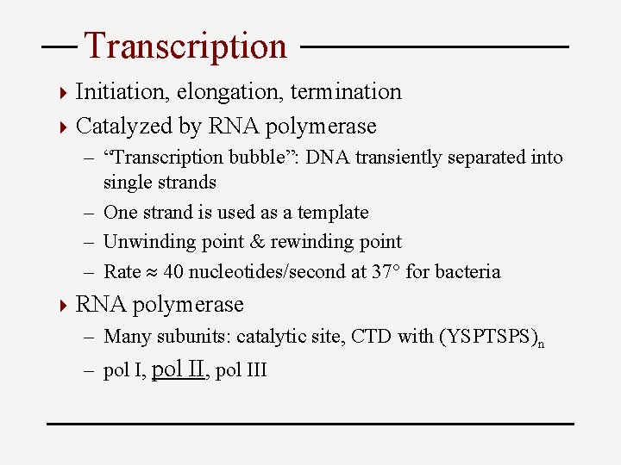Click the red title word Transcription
[185, 46]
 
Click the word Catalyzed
[125, 127]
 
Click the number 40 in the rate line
[172, 272]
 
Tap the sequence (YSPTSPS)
[486, 337]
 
